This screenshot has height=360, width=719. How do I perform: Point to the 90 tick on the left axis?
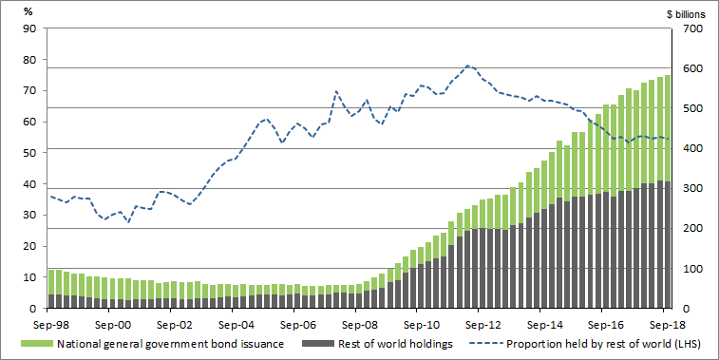[x=29, y=28]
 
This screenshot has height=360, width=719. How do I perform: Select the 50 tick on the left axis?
[x=29, y=153]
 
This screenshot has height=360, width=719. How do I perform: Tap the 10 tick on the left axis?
[x=29, y=277]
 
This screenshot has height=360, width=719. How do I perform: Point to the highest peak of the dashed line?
[x=467, y=66]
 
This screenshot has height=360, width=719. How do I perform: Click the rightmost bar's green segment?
[x=667, y=128]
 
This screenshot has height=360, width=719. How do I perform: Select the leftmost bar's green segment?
[x=50, y=282]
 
